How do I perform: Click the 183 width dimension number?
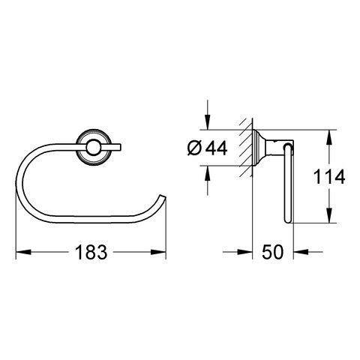point(91,252)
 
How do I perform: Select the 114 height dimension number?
point(329,176)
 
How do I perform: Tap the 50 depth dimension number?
point(273,252)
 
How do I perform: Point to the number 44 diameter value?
point(216,148)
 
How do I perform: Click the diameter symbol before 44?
point(194,148)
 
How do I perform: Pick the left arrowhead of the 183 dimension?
point(23,252)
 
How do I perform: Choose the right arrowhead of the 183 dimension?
point(158,252)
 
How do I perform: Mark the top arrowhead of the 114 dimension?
point(329,137)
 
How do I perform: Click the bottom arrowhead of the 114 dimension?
point(329,215)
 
